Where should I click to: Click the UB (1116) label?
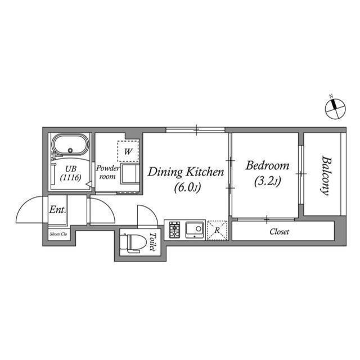(x=71, y=173)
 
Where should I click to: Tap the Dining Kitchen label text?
(x=186, y=172)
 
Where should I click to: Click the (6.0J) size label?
(x=186, y=187)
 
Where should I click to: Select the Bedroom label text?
(x=267, y=166)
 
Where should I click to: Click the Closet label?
(x=279, y=232)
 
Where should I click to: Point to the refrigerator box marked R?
(x=217, y=231)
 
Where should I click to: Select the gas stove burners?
(x=174, y=230)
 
